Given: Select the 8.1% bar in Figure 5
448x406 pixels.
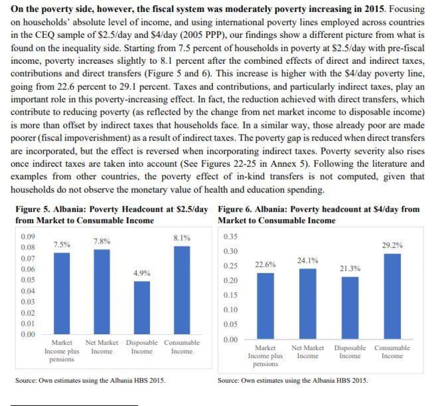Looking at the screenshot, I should click(x=182, y=290).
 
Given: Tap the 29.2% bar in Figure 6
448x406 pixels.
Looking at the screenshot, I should click(x=392, y=296).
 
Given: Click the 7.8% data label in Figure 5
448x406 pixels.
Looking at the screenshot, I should click(x=102, y=241).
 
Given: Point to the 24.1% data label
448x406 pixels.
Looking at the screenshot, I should click(x=308, y=261).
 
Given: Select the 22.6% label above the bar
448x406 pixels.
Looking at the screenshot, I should click(x=265, y=265).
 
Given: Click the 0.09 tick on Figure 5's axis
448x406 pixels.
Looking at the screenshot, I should click(x=27, y=236).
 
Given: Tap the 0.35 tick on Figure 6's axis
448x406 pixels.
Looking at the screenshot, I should click(x=231, y=236).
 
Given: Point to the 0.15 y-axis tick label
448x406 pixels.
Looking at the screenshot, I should click(x=231, y=295).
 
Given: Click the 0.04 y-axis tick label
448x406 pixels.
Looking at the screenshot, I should click(x=27, y=290).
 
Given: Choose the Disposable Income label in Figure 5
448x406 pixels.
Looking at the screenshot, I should click(x=142, y=347).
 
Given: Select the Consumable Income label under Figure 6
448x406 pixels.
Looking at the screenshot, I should click(x=392, y=352).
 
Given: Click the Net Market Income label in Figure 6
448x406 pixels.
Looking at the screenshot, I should click(x=308, y=352).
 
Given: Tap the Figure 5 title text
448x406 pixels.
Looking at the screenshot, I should click(x=112, y=215).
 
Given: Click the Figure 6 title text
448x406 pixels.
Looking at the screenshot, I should click(x=319, y=215).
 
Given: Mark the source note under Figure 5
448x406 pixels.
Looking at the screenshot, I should click(x=90, y=380).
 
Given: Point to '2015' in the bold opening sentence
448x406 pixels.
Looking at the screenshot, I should click(x=370, y=9).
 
